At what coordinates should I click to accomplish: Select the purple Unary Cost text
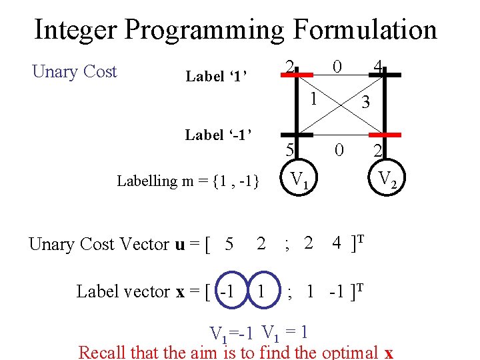(75, 72)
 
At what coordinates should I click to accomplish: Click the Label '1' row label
(217, 77)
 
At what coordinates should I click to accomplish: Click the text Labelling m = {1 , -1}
(188, 181)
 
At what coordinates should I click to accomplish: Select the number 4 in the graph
(377, 67)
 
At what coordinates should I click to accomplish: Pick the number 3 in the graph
(364, 102)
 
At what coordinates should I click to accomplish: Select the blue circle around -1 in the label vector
(229, 291)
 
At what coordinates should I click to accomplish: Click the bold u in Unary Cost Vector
(180, 244)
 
